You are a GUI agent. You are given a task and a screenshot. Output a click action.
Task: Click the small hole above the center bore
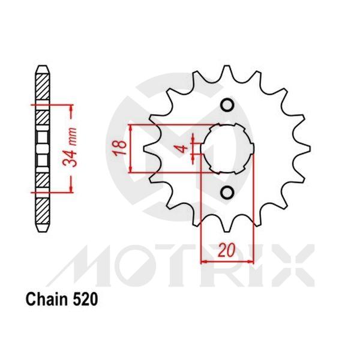coord(227,106)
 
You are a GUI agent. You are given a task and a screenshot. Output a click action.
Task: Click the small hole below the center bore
coord(227,191)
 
